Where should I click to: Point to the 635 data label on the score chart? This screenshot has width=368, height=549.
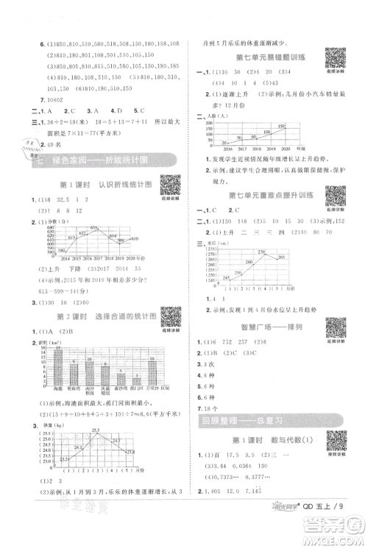[x=93, y=227]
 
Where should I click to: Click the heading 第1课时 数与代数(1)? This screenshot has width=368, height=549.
[x=263, y=440]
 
